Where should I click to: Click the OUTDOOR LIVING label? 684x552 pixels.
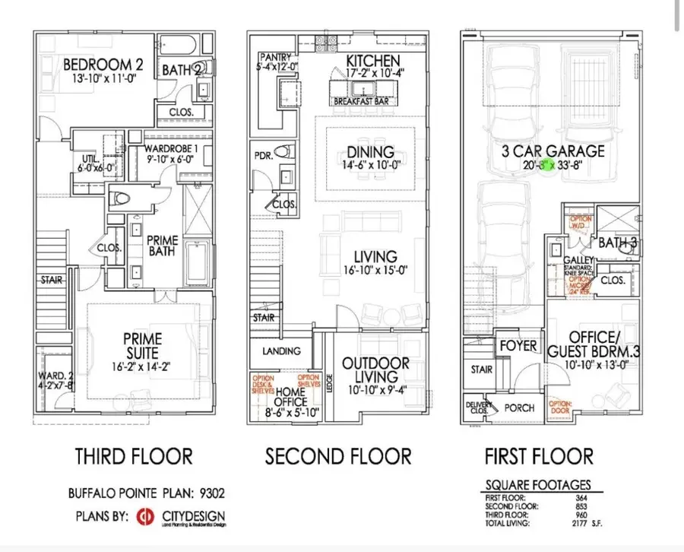coord(376,370)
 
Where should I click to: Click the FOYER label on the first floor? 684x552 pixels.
coord(518,346)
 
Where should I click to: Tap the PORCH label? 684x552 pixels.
coord(520,408)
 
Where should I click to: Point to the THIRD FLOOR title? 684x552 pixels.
coord(133,456)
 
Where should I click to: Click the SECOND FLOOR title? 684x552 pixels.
coord(338,456)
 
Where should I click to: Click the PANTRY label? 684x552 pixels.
coord(275,58)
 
